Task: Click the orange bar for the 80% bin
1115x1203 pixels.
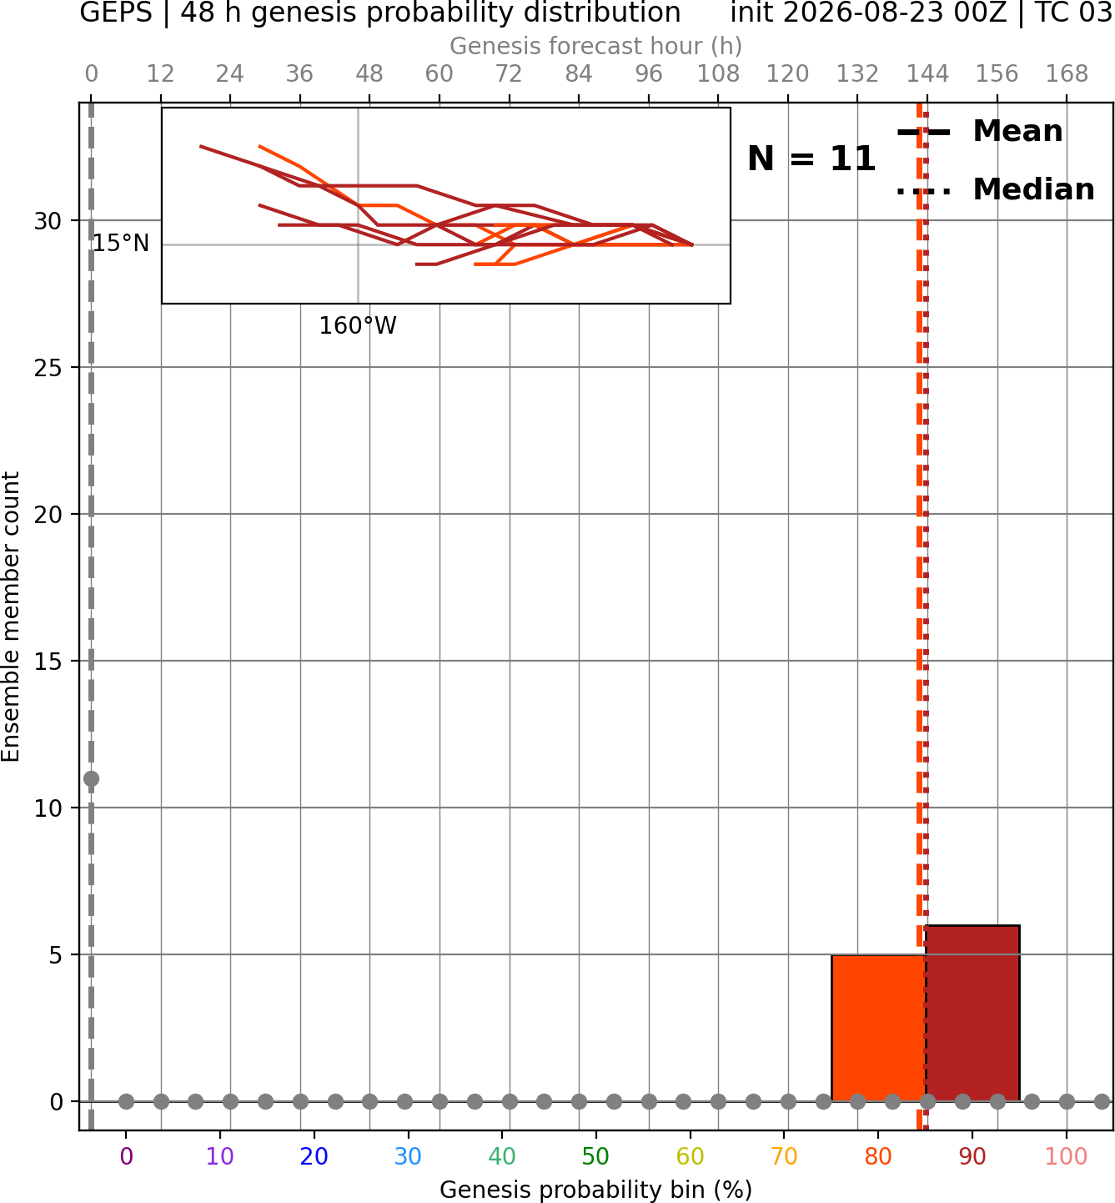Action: (x=878, y=1028)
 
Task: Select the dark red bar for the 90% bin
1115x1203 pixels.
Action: (x=972, y=1013)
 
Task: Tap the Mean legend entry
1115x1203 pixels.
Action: (x=979, y=132)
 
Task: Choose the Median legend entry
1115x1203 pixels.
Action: (x=996, y=189)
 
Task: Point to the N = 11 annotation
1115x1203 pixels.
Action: (x=811, y=159)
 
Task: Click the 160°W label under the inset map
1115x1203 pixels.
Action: (x=357, y=326)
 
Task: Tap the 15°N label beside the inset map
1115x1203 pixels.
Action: (x=121, y=243)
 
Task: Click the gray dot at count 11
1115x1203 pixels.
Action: (x=91, y=779)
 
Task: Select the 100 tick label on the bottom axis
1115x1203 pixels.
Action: (x=1067, y=1156)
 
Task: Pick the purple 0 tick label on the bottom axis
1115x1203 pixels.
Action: (x=126, y=1156)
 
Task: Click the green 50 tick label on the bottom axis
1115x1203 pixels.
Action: (x=595, y=1156)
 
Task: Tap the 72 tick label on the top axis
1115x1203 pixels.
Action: (x=509, y=74)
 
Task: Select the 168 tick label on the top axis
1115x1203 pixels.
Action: (x=1067, y=74)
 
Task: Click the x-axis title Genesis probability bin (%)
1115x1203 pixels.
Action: (x=596, y=1190)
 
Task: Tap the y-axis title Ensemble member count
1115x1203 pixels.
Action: (x=10, y=617)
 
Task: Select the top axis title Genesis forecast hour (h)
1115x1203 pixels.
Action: (x=596, y=46)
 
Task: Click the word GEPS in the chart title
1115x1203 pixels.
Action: (x=116, y=13)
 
